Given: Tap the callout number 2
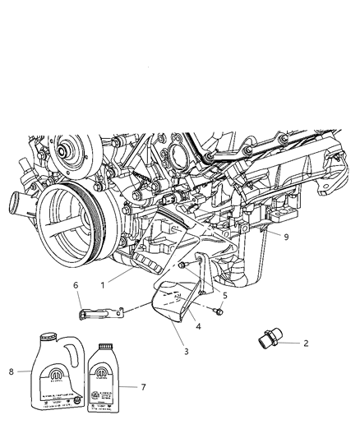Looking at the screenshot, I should pyautogui.click(x=307, y=345).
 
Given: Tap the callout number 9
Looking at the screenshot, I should pyautogui.click(x=285, y=237).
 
